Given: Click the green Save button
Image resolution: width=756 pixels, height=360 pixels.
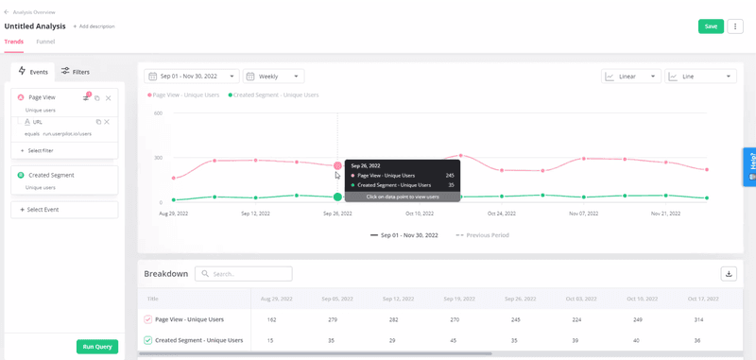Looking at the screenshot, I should [x=711, y=26].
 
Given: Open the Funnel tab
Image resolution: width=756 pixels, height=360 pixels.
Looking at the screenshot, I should [x=45, y=42].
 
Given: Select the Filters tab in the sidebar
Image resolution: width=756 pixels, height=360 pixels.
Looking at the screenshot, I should [x=76, y=72].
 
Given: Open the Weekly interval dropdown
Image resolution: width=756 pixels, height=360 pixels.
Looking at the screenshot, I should [x=274, y=77].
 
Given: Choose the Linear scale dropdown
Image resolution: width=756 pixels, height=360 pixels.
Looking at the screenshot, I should [x=630, y=77].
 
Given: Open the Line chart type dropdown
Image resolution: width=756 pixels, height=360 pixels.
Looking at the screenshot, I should [x=700, y=77].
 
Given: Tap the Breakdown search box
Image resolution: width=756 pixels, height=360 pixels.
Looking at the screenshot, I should [x=244, y=274].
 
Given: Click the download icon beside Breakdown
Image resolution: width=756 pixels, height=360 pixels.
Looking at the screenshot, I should [x=729, y=274].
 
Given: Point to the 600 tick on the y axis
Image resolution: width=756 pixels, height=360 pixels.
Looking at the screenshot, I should [x=158, y=113].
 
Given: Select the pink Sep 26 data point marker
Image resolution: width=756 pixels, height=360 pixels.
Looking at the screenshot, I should [x=337, y=166].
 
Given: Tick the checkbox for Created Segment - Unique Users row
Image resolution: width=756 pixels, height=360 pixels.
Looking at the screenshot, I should [x=147, y=340].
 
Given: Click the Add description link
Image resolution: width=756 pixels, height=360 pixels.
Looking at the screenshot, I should [x=95, y=26].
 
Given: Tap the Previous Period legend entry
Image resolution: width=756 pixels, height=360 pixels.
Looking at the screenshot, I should [x=483, y=234].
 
